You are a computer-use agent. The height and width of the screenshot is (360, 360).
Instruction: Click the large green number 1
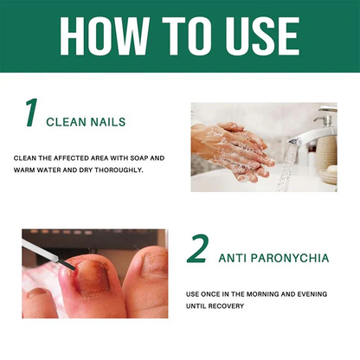click(x=32, y=114)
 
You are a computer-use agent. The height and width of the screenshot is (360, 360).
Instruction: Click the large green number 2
click(x=197, y=249)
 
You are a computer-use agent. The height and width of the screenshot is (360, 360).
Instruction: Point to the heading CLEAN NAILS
click(x=86, y=122)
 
